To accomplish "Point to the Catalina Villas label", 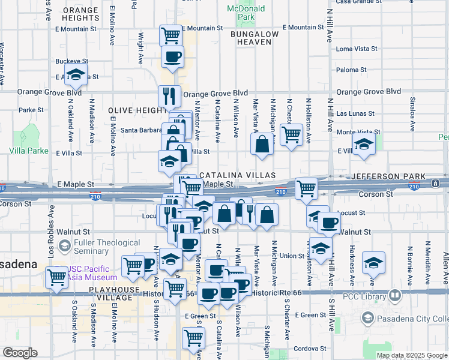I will coord(237,175).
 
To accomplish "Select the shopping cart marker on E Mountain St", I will coord(171,35).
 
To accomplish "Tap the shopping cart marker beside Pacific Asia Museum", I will coord(57,278).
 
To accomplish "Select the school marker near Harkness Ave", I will coord(373,262).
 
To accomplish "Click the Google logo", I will coord(20,353).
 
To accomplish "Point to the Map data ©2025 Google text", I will coord(411,355).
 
